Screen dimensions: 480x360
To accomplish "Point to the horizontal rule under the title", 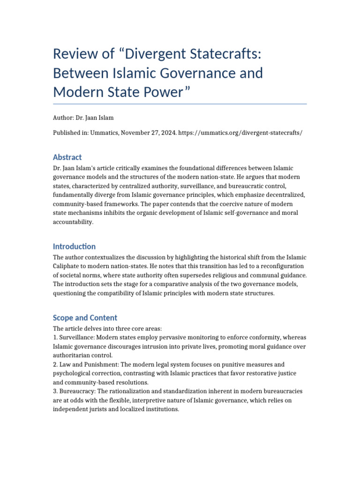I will [x=180, y=104].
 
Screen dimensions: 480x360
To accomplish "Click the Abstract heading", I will [x=67, y=157].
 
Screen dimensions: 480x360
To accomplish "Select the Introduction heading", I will [x=74, y=246].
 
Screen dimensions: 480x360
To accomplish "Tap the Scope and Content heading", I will [x=85, y=317].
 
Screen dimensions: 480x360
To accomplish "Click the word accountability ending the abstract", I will [x=73, y=222].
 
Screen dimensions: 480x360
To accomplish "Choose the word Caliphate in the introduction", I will [x=68, y=266].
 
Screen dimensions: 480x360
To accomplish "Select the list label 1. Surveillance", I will [x=75, y=337].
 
